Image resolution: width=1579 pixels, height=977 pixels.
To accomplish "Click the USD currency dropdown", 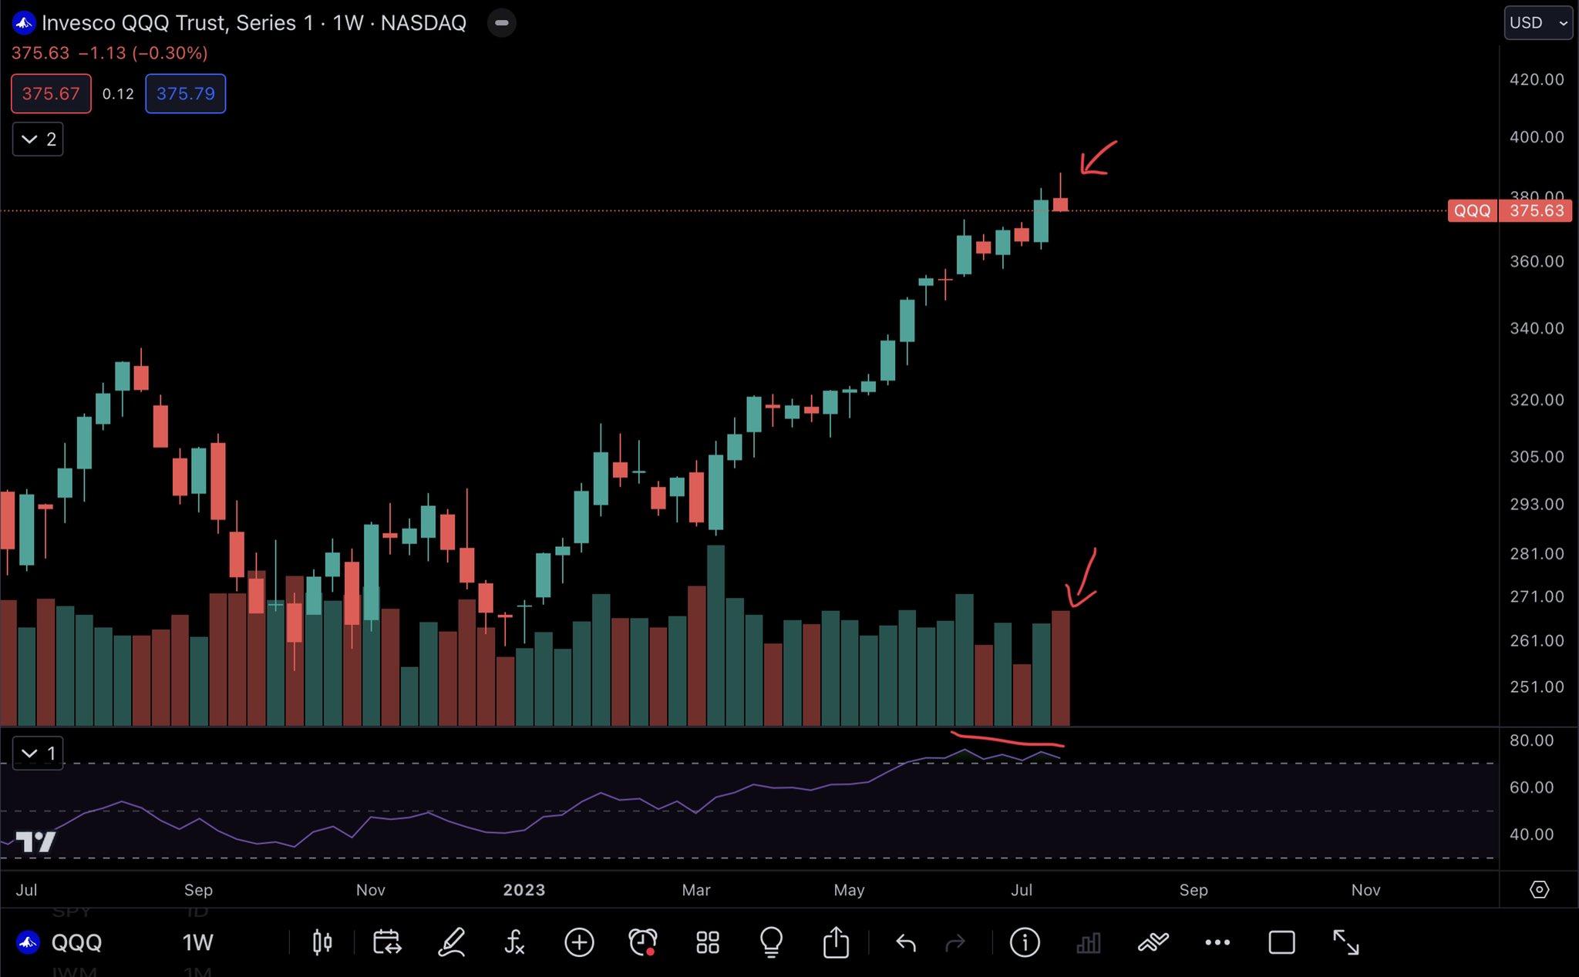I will (x=1537, y=23).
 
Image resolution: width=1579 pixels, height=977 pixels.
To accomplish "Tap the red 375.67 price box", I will (x=51, y=94).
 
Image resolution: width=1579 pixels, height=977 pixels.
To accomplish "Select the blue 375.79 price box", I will (x=185, y=94).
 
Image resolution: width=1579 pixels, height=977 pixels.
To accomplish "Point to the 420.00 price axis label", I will (x=1537, y=79).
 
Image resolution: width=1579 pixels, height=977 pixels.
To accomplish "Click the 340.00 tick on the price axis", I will (x=1537, y=328).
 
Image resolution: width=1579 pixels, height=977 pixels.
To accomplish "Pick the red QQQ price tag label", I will (x=1472, y=211).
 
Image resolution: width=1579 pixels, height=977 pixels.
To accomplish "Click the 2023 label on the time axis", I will (x=524, y=890).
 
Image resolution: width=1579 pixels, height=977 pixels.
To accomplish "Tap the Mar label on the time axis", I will (x=696, y=890).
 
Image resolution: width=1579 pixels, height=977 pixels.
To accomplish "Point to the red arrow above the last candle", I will (x=1097, y=159).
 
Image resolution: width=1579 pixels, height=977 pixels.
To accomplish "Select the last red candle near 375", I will (x=1061, y=204).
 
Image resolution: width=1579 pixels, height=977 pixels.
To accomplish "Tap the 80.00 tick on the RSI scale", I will (x=1531, y=740).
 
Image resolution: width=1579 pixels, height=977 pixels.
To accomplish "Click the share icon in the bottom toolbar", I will (x=836, y=942).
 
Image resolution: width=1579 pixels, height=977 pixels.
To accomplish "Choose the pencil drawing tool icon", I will (x=452, y=942).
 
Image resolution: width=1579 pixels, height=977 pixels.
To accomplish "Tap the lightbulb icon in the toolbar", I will (x=771, y=942).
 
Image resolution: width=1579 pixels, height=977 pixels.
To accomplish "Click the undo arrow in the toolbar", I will (x=906, y=942).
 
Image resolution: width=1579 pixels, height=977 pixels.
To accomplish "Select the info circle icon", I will (x=1025, y=942).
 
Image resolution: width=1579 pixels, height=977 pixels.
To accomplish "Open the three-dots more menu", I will (x=1217, y=942).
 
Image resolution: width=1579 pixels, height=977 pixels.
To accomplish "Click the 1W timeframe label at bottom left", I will (x=197, y=942).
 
